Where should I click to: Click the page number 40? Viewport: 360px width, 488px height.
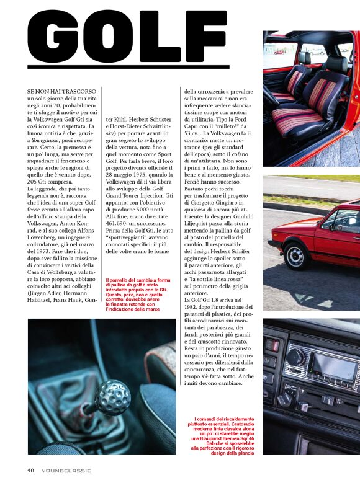tap(30, 470)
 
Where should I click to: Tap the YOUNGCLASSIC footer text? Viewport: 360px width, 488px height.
tap(66, 470)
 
